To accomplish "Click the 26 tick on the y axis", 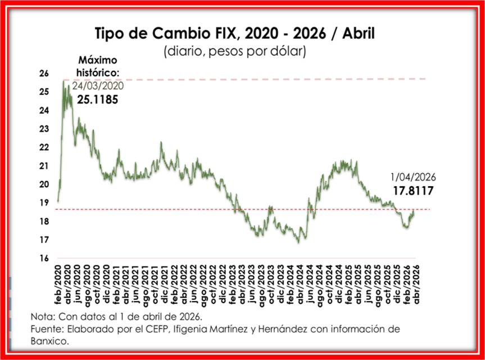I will [44, 73].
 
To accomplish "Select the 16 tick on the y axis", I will [44, 259].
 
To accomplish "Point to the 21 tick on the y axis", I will [44, 166].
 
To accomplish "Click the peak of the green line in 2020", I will [64, 83].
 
